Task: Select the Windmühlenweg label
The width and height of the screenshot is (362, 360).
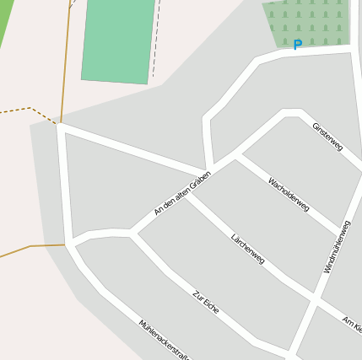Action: click(x=337, y=246)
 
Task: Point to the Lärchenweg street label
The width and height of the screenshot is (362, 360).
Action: click(x=248, y=248)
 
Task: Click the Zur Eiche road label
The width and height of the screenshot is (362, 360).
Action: click(x=206, y=302)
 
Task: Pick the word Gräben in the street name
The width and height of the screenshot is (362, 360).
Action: click(x=199, y=180)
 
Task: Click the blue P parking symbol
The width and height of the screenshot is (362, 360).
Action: click(x=296, y=45)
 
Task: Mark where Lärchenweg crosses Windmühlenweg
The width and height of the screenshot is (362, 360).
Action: click(x=312, y=299)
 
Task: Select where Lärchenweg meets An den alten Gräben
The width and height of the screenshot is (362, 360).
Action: click(x=187, y=195)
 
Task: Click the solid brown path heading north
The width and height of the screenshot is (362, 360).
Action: click(x=66, y=59)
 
